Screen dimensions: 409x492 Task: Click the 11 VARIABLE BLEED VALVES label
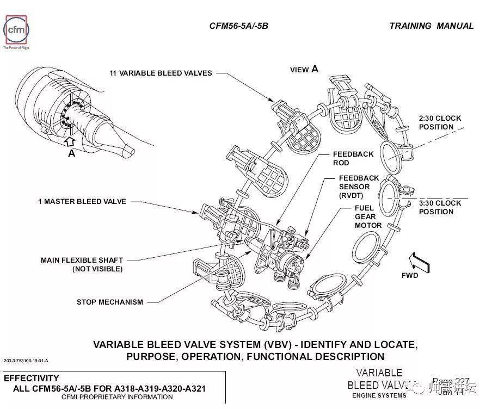click(161, 73)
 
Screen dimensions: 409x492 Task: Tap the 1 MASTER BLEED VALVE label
click(82, 201)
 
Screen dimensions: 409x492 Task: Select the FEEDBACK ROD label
click(353, 158)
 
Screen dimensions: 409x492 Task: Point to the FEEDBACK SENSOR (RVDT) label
click(359, 187)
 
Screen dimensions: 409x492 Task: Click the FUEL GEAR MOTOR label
click(368, 216)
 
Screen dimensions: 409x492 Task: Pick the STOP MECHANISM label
click(109, 302)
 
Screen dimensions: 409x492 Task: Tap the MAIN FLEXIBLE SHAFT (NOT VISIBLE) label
click(82, 264)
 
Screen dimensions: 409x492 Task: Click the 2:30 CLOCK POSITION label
click(439, 122)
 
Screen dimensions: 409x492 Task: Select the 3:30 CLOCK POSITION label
click(439, 207)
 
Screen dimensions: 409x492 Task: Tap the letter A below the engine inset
click(71, 154)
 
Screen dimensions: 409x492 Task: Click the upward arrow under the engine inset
click(70, 141)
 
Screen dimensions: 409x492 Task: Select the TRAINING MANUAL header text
click(432, 26)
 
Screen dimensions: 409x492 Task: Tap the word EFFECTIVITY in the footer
click(31, 378)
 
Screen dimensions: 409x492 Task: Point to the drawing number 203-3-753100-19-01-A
click(26, 361)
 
